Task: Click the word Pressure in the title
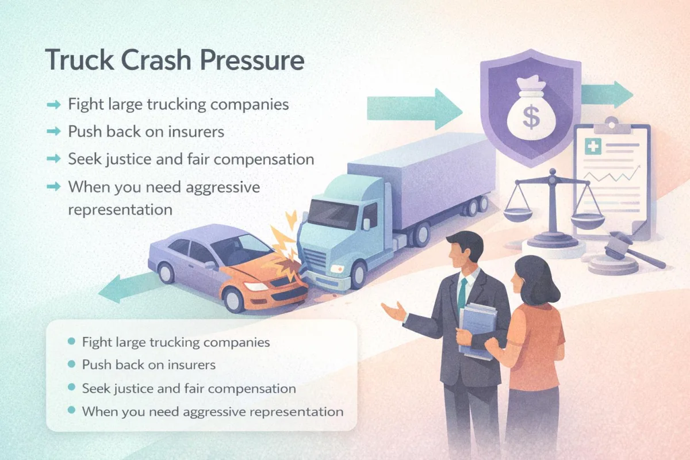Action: pos(252,60)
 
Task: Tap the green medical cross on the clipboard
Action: pos(593,146)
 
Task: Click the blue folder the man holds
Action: pos(477,331)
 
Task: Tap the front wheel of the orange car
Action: pos(234,299)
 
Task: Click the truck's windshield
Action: pos(333,213)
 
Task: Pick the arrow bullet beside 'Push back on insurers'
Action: pos(54,132)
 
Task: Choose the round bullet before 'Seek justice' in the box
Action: pos(71,388)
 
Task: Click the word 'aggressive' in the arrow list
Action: pos(223,187)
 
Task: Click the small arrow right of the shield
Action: pos(607,94)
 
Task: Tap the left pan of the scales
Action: pos(518,214)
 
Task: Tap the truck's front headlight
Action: pos(337,269)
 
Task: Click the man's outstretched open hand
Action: pos(394,312)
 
